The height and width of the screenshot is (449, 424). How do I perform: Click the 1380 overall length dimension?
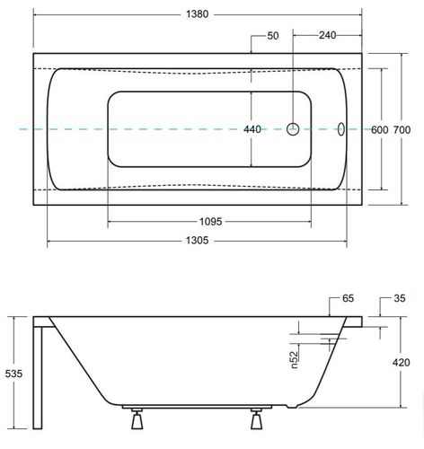pyautogui.click(x=197, y=14)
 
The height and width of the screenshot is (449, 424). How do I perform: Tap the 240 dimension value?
pyautogui.click(x=327, y=35)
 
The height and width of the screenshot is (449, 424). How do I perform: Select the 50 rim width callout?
pyautogui.click(x=273, y=36)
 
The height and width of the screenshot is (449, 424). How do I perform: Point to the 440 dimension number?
pyautogui.click(x=252, y=129)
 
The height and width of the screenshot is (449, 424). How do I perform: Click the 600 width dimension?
pyautogui.click(x=379, y=130)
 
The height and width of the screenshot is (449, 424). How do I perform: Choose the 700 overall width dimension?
pyautogui.click(x=402, y=130)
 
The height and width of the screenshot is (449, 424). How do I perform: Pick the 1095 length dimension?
pyautogui.click(x=211, y=222)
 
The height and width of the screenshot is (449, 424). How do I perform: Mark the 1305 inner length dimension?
pyautogui.click(x=197, y=241)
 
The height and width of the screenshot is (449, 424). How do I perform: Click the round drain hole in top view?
pyautogui.click(x=293, y=129)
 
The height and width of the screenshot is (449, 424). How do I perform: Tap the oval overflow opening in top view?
pyautogui.click(x=341, y=129)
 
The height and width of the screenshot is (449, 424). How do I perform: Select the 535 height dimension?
pyautogui.click(x=13, y=374)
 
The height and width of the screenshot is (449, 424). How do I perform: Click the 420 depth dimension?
pyautogui.click(x=402, y=363)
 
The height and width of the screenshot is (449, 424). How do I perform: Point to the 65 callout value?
pyautogui.click(x=348, y=298)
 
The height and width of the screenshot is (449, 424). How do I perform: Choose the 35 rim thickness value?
pyautogui.click(x=400, y=298)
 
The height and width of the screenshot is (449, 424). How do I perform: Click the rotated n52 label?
pyautogui.click(x=295, y=359)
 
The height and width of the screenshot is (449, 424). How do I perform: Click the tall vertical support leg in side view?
pyautogui.click(x=38, y=378)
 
